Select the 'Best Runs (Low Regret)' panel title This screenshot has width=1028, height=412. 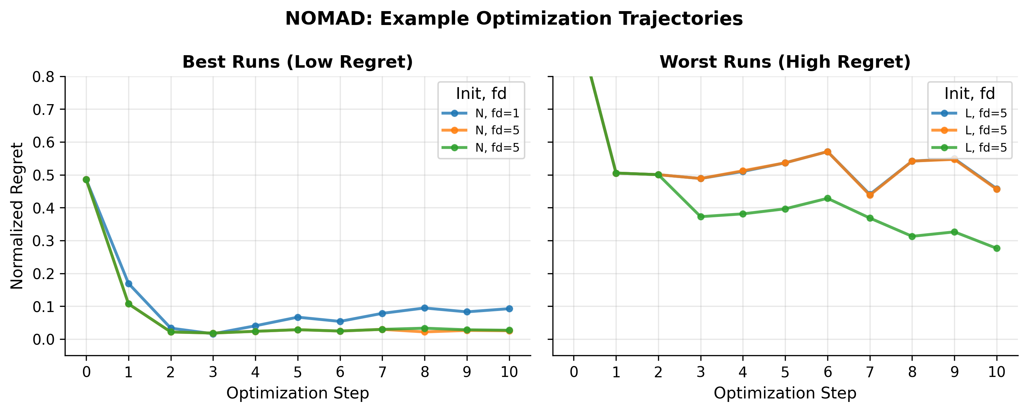click(x=297, y=62)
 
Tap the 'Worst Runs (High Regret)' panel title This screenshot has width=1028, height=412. click(x=785, y=62)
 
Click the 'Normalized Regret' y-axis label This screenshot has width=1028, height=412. click(x=17, y=216)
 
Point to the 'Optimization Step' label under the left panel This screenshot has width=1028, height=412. click(x=297, y=393)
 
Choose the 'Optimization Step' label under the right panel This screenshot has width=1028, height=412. click(x=785, y=393)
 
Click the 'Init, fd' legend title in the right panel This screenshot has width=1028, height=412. click(x=969, y=94)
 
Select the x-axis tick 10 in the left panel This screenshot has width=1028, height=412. click(x=509, y=372)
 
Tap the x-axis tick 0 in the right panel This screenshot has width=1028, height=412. click(x=574, y=372)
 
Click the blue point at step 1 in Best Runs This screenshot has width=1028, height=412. click(x=129, y=284)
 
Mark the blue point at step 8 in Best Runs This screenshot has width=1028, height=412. click(x=425, y=308)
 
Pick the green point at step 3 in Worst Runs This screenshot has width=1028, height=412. click(x=701, y=217)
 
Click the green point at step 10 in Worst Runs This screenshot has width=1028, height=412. click(x=996, y=248)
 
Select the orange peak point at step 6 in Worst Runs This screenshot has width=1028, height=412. click(x=828, y=152)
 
